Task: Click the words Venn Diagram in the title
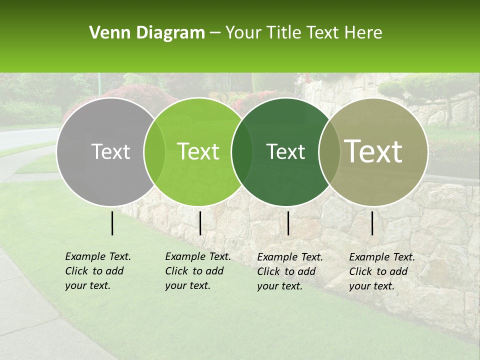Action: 146,33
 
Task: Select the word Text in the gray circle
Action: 110,151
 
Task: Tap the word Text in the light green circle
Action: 198,151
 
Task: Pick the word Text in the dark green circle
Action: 285,151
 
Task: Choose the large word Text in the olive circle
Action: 373,151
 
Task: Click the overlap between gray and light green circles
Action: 154,152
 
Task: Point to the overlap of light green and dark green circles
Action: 242,152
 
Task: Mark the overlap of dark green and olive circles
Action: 329,152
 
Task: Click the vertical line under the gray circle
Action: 112,223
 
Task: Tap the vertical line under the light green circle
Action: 200,223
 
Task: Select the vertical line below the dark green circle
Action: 288,223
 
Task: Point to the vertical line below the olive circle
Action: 372,223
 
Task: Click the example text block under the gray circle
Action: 97,271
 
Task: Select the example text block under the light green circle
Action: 197,271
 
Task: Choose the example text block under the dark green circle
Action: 289,271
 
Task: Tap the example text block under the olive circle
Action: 381,271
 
